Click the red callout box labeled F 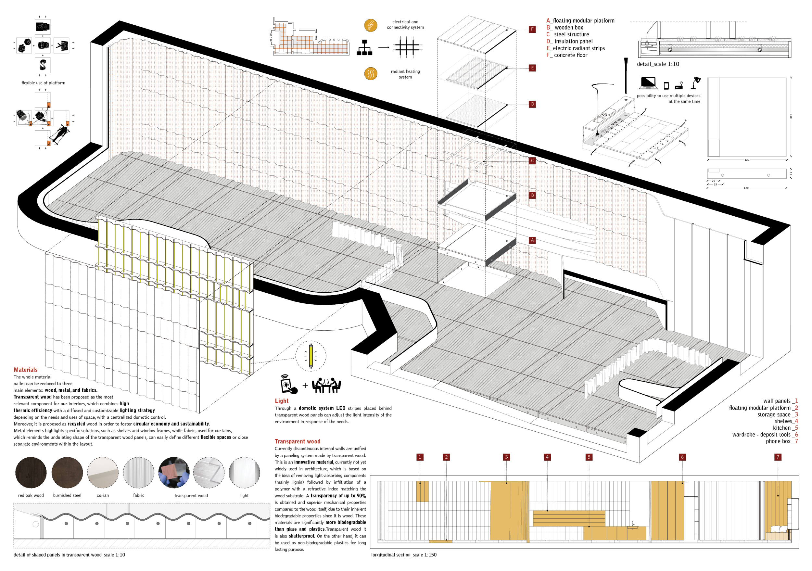coord(532,29)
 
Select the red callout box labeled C coord(532,160)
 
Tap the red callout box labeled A coord(532,240)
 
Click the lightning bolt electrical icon coord(371,25)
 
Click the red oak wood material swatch coord(31,472)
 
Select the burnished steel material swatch coord(67,472)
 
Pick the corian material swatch coord(103,472)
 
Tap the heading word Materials coord(25,370)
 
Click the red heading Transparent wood coord(298,441)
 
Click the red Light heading coord(282,400)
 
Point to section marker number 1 coord(420,457)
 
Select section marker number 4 coord(547,457)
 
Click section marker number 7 coord(778,457)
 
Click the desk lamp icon coord(696,83)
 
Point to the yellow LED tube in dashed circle coord(311,356)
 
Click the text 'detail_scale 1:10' coord(658,64)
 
